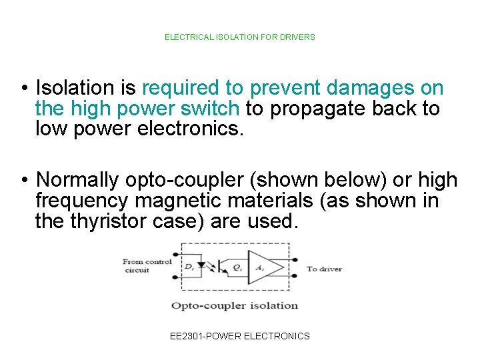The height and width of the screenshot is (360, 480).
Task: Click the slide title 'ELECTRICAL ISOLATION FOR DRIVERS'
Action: pyautogui.click(x=240, y=37)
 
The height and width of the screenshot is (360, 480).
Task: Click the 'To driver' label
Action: pyautogui.click(x=324, y=269)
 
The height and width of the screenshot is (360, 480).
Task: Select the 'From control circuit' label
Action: pyautogui.click(x=146, y=266)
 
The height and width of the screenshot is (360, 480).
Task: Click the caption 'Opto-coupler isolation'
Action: pyautogui.click(x=235, y=305)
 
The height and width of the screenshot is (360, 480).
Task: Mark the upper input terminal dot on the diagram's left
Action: pyautogui.click(x=175, y=254)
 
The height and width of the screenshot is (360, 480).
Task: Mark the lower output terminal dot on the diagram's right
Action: pyautogui.click(x=295, y=277)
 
